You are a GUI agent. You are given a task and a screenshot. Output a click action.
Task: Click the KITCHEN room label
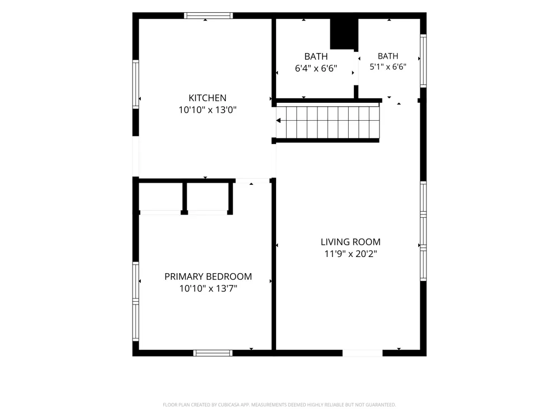[207, 98]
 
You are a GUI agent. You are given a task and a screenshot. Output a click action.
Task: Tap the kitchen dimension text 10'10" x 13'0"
[207, 109]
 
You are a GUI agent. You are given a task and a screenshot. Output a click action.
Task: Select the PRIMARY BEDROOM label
[208, 277]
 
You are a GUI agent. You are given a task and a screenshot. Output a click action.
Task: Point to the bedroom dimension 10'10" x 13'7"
[208, 288]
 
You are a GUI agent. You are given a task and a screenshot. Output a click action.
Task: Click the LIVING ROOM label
[350, 242]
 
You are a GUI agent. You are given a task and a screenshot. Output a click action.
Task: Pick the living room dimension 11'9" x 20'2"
[350, 254]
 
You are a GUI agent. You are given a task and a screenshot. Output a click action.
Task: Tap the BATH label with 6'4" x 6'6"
[316, 56]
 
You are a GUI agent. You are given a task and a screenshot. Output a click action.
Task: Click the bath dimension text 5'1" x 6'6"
[388, 66]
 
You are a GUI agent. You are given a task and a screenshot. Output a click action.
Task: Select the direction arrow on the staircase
[278, 121]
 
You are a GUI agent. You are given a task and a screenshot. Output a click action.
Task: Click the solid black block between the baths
[344, 34]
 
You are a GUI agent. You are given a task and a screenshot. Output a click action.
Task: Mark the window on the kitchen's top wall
[209, 16]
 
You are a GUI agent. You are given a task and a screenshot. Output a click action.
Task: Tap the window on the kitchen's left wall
[135, 84]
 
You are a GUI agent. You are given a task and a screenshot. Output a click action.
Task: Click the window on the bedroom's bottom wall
[213, 353]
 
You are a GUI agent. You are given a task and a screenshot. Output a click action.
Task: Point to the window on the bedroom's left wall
[135, 302]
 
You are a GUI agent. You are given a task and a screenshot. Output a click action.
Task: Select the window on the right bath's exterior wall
[423, 60]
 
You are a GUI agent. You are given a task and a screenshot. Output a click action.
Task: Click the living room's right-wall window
[423, 231]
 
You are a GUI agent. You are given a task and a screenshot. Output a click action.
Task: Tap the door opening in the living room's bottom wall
[363, 353]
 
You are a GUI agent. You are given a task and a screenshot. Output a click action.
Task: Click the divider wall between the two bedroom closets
[184, 197]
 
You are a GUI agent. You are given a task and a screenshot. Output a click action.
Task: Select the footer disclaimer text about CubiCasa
[279, 404]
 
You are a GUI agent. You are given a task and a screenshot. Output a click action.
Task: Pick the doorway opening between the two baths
[356, 68]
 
